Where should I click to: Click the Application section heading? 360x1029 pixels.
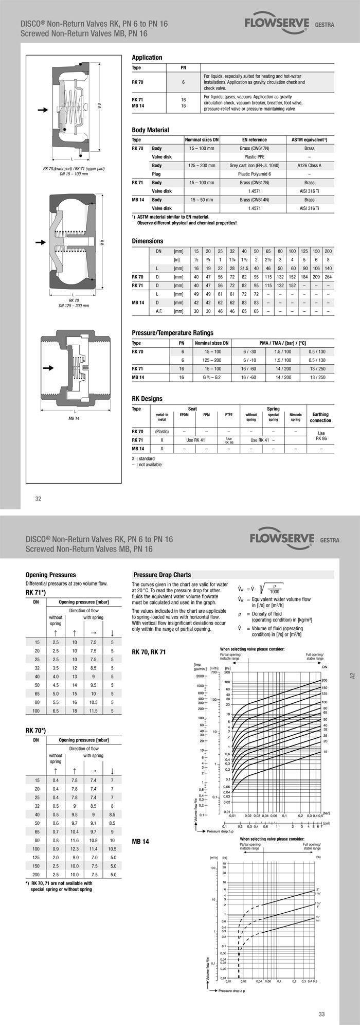[x=147, y=58]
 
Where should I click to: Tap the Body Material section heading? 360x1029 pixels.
[x=150, y=130]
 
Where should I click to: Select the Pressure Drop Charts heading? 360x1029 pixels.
[x=162, y=575]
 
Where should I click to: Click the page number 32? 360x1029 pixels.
[x=38, y=498]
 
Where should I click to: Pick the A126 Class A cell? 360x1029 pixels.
[x=309, y=166]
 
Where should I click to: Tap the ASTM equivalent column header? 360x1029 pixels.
[x=309, y=140]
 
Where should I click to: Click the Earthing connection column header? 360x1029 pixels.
[x=320, y=417]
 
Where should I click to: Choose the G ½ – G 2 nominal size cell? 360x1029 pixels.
[x=211, y=378]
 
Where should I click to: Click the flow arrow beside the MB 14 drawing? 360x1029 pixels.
[x=48, y=368]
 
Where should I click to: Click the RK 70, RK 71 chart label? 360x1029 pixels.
[x=149, y=652]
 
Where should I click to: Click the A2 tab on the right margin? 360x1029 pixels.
[x=352, y=676]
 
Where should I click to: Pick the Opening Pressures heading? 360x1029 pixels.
[x=50, y=575]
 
